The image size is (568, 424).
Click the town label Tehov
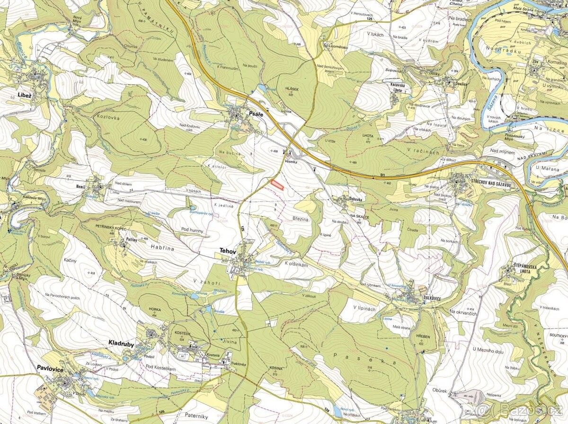227,251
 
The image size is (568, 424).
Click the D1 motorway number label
382,176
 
